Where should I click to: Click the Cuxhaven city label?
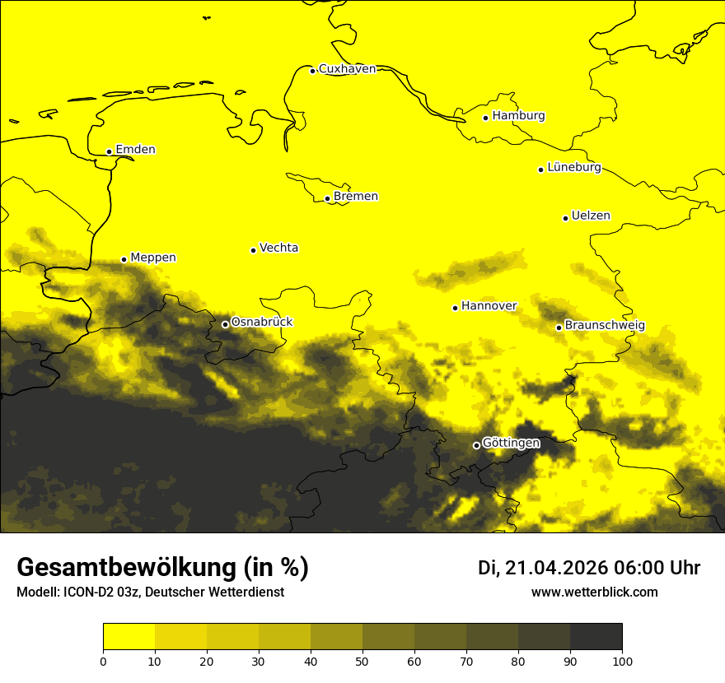tap(347, 69)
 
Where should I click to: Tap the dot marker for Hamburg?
tap(486, 118)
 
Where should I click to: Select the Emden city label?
tap(135, 150)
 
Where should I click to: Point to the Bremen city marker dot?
tap(327, 198)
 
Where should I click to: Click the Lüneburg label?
tap(573, 168)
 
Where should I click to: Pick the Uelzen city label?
tap(591, 216)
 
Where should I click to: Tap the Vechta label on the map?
tap(278, 248)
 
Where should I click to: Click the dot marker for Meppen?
tap(124, 259)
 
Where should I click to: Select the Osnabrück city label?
tap(262, 322)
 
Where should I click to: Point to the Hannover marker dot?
tap(455, 308)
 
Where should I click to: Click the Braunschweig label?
tap(605, 326)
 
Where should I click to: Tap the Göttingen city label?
tap(511, 444)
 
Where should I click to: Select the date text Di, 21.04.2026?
tap(543, 568)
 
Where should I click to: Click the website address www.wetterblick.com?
tap(594, 592)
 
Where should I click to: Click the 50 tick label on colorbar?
tap(362, 661)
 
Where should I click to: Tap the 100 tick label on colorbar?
tap(622, 661)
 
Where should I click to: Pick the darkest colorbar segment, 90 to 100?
tap(596, 637)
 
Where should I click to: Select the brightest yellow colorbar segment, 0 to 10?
tap(129, 637)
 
